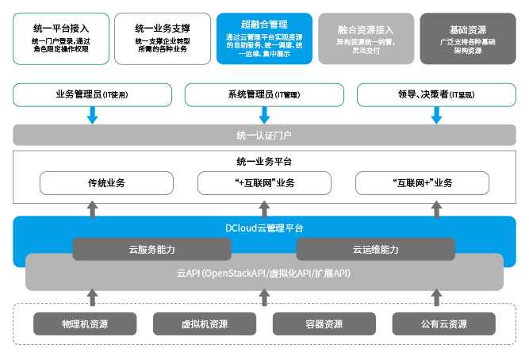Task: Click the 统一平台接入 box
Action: [61, 39]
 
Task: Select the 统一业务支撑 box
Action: [163, 39]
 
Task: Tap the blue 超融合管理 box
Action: [265, 39]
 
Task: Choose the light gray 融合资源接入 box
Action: [366, 39]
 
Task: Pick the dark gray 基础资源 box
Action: [468, 39]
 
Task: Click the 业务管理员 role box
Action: [93, 95]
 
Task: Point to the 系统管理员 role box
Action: [265, 95]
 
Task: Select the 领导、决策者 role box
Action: [436, 95]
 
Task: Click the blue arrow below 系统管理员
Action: [265, 116]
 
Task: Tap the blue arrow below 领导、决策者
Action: [436, 116]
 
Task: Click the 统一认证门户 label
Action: [264, 136]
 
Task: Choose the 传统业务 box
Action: [106, 183]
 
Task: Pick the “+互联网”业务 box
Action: [265, 183]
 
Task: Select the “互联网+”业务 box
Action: [423, 183]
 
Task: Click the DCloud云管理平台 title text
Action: [264, 228]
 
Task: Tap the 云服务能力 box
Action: [151, 249]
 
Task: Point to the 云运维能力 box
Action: [376, 249]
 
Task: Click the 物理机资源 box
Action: [85, 324]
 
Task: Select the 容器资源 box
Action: [324, 324]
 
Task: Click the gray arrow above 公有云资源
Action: [436, 297]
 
